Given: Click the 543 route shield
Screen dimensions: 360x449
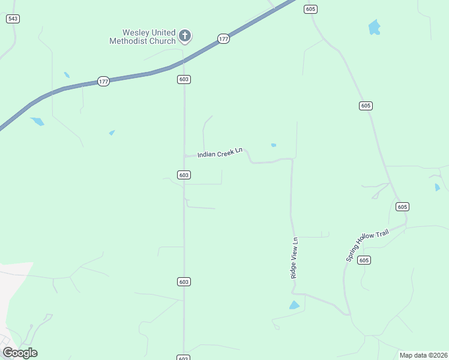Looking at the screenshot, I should point(13,19).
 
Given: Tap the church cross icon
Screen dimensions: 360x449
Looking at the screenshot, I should point(185,36).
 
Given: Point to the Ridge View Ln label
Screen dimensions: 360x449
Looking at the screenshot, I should point(294,257).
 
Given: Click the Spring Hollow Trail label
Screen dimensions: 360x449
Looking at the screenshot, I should point(367,244).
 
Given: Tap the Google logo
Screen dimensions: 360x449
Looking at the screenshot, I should point(20,353).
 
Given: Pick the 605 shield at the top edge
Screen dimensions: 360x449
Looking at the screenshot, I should point(310,9).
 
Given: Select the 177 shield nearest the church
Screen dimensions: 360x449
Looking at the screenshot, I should point(223,39).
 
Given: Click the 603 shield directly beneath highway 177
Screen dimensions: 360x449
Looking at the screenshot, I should point(184,79).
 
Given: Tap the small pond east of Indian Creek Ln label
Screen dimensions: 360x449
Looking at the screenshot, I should point(274,145).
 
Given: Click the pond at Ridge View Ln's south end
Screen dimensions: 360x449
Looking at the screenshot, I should point(294,305).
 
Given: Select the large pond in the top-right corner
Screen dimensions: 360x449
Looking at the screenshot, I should point(375,27).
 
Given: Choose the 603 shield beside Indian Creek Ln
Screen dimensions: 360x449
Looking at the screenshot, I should point(184,175).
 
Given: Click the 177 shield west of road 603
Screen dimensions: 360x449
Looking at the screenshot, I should point(103,81).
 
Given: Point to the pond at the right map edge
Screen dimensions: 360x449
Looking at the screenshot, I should point(437,187).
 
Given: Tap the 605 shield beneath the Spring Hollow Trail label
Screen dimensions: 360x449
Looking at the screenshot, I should point(364,260).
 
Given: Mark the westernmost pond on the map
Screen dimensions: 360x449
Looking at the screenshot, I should point(37,121).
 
